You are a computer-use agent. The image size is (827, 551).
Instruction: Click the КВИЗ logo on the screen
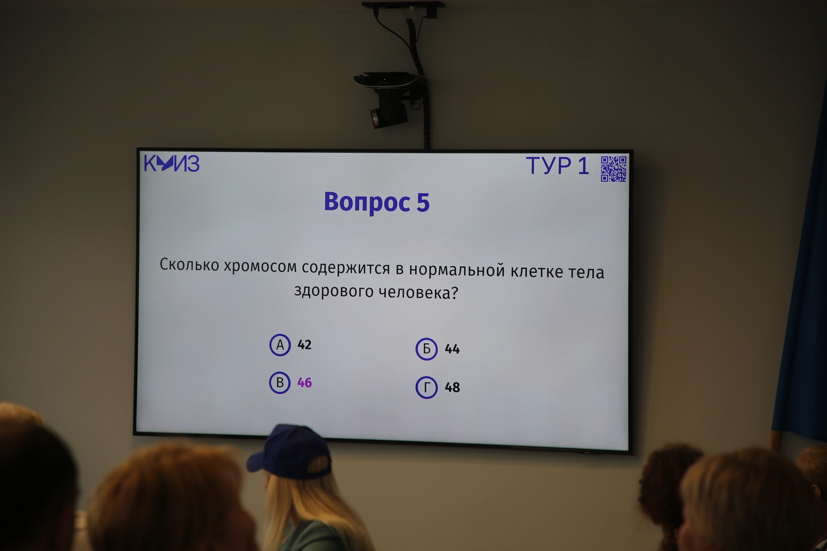pos(172,163)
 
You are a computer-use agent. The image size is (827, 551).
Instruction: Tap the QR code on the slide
pos(614,169)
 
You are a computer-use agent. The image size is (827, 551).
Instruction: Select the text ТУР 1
pos(557,166)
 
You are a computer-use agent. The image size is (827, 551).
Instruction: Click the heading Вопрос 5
pos(377,202)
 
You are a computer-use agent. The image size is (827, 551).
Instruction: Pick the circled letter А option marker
pos(280,345)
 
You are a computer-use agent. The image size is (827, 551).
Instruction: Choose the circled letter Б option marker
pos(426,349)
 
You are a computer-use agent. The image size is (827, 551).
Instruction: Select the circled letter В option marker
pos(280,383)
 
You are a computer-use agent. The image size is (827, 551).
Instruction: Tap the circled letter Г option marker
pos(426,388)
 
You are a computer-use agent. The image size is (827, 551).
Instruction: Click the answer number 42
pos(304,345)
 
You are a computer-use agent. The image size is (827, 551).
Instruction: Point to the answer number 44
pos(452,349)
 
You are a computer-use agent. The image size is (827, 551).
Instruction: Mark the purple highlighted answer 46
pos(304,383)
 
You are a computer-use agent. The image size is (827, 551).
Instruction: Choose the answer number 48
pos(452,388)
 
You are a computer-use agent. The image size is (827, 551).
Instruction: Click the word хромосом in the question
pos(260,267)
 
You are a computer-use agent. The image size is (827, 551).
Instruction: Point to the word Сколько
pos(189,265)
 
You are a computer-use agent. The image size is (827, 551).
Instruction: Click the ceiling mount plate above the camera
pos(403,5)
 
